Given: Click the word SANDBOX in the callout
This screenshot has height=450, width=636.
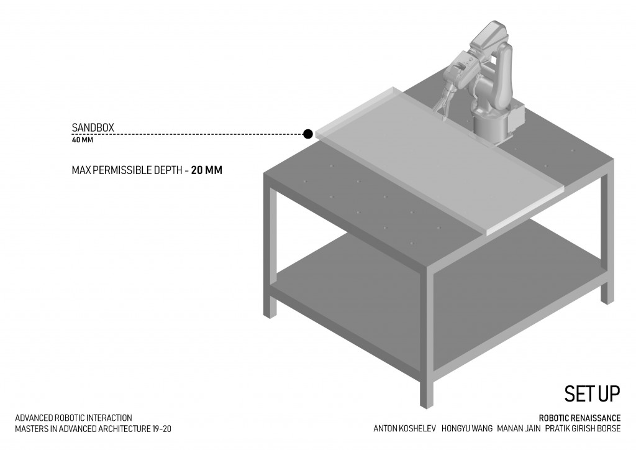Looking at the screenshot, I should point(93,128).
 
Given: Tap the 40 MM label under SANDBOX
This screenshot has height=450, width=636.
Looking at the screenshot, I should point(82,140).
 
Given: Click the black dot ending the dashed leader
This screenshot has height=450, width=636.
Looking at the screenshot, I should point(307,134).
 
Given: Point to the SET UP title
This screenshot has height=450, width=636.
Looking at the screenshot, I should point(592,393).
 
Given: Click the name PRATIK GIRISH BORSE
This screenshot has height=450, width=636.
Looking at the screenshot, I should point(582,428).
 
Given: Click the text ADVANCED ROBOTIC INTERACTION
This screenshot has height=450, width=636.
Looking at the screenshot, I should point(73,418).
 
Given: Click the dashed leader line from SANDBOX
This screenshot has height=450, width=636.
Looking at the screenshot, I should point(186,134).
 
